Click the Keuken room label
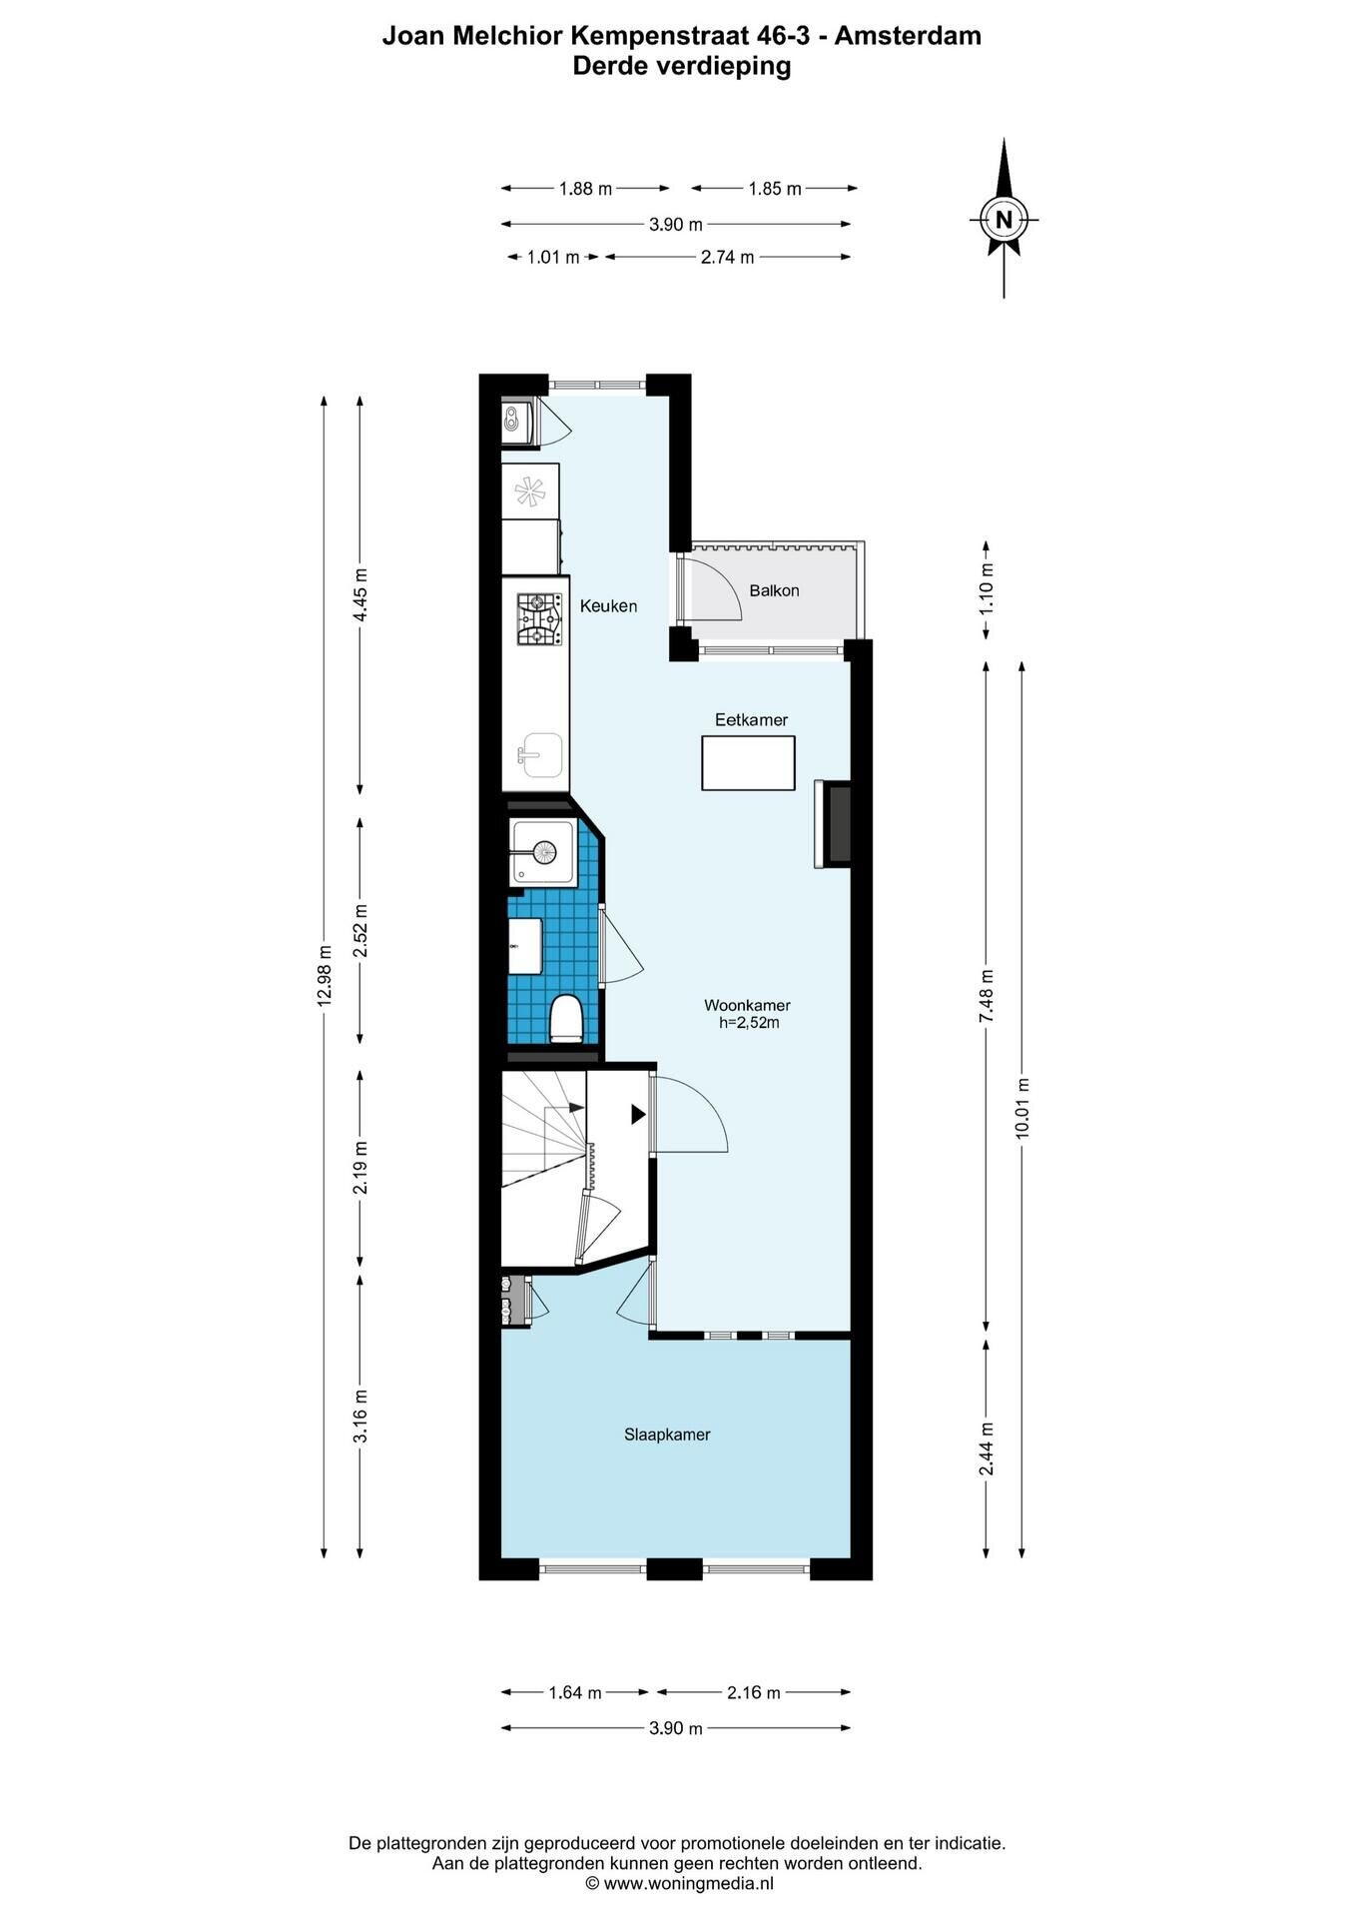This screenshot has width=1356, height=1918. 608,605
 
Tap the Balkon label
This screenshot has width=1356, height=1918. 774,590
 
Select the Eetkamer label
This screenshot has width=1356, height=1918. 751,719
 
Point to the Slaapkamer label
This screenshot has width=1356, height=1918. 667,1435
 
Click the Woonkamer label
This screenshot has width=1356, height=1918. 747,1005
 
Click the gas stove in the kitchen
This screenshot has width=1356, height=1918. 537,619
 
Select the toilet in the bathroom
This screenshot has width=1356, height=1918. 566,1018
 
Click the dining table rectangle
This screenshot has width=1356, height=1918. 748,763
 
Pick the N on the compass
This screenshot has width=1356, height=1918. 1005,219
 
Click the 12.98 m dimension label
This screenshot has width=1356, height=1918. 324,976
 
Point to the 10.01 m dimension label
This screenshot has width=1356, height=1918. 1020,1108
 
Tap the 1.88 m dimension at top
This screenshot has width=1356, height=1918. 585,188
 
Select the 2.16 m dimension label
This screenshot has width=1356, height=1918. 754,1692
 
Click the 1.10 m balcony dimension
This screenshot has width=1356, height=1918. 987,589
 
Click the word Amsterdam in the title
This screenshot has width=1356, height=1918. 908,36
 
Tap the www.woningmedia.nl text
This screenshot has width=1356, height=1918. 689,1883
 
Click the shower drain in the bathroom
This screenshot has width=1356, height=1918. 544,852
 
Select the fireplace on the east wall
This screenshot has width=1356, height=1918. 833,824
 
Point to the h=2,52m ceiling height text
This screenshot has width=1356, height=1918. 749,1023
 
